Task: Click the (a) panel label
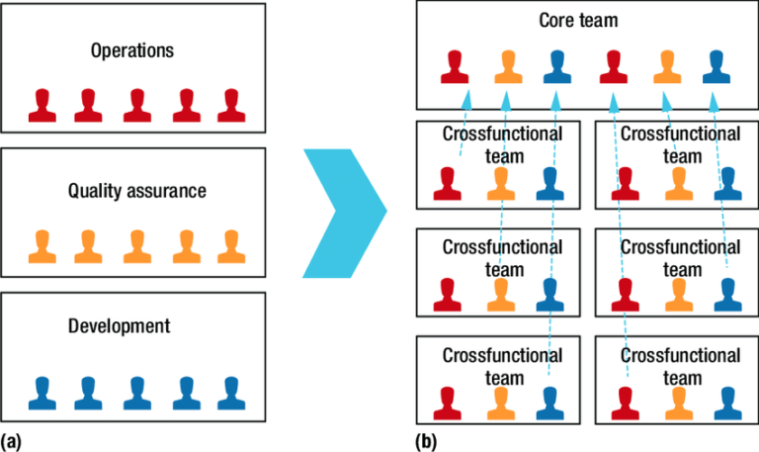point(11,438)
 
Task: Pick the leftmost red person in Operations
point(42,104)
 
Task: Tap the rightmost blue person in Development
point(229,392)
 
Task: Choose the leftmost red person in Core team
point(455,66)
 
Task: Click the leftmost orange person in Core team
point(506,66)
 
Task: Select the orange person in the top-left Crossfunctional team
point(499,184)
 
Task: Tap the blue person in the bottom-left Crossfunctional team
point(550,402)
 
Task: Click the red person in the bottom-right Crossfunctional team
point(624,402)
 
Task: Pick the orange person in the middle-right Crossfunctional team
point(676,294)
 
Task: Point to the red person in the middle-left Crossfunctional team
point(448,294)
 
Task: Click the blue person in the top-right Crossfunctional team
point(727,184)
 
